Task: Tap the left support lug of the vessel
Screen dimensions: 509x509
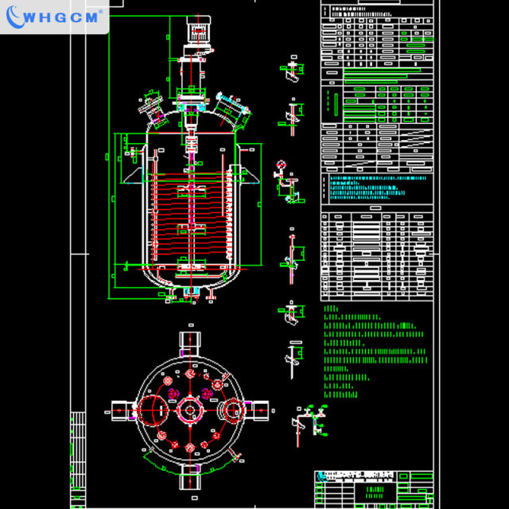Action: [132, 177]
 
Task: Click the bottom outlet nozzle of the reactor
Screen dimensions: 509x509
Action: [191, 296]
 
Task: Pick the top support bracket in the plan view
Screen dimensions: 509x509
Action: [191, 341]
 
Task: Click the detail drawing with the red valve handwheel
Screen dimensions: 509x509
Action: [286, 180]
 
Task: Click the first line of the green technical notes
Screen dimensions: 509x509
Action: [332, 308]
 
